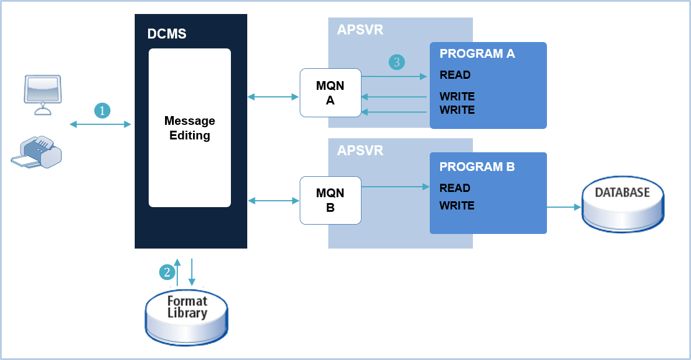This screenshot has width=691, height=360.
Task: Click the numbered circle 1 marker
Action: tap(103, 110)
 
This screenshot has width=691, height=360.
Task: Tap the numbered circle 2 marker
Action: tap(167, 272)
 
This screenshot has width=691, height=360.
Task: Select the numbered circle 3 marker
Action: tap(397, 62)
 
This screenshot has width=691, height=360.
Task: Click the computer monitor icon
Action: tap(42, 93)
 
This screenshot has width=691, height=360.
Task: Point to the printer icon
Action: tap(36, 152)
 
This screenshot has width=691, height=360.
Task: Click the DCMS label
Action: tap(167, 34)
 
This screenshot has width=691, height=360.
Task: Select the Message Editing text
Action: tap(190, 128)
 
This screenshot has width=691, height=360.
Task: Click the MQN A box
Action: tap(330, 93)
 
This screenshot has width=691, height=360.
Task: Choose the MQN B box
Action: tap(330, 200)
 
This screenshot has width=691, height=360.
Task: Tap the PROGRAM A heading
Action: tap(477, 54)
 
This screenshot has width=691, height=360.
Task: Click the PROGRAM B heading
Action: tap(477, 167)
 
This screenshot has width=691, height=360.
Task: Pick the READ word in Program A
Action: tap(455, 75)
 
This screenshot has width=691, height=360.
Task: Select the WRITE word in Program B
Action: tap(457, 205)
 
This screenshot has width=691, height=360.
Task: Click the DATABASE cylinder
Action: tap(622, 206)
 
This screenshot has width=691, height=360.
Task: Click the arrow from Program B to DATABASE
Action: tap(564, 207)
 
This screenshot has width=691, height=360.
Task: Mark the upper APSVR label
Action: tap(360, 30)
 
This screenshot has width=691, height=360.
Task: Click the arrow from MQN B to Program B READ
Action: tap(395, 187)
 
